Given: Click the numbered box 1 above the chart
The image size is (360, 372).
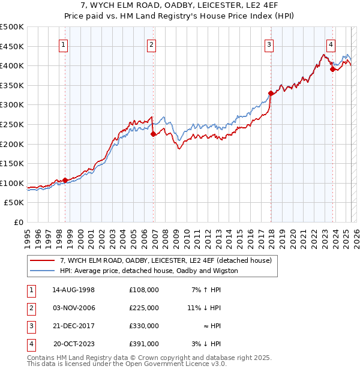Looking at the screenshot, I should tap(64, 44).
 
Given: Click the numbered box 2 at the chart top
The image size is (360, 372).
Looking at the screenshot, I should tap(151, 44).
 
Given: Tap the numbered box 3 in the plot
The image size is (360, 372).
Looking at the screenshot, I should tap(269, 44).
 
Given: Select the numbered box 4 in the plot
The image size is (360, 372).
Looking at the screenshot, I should tap(331, 44).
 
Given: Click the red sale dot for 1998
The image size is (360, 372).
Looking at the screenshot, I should tap(65, 180).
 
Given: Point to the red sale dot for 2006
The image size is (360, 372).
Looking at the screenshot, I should tap(153, 134).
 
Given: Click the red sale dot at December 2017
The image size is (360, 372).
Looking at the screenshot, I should tap(271, 93).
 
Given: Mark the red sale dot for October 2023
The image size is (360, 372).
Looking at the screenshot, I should tap(332, 69).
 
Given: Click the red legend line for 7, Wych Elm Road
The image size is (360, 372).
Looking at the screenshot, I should tap(42, 261).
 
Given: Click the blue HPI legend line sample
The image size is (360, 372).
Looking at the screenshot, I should tap(42, 271).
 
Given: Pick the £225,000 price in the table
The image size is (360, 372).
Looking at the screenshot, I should tap(143, 308).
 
